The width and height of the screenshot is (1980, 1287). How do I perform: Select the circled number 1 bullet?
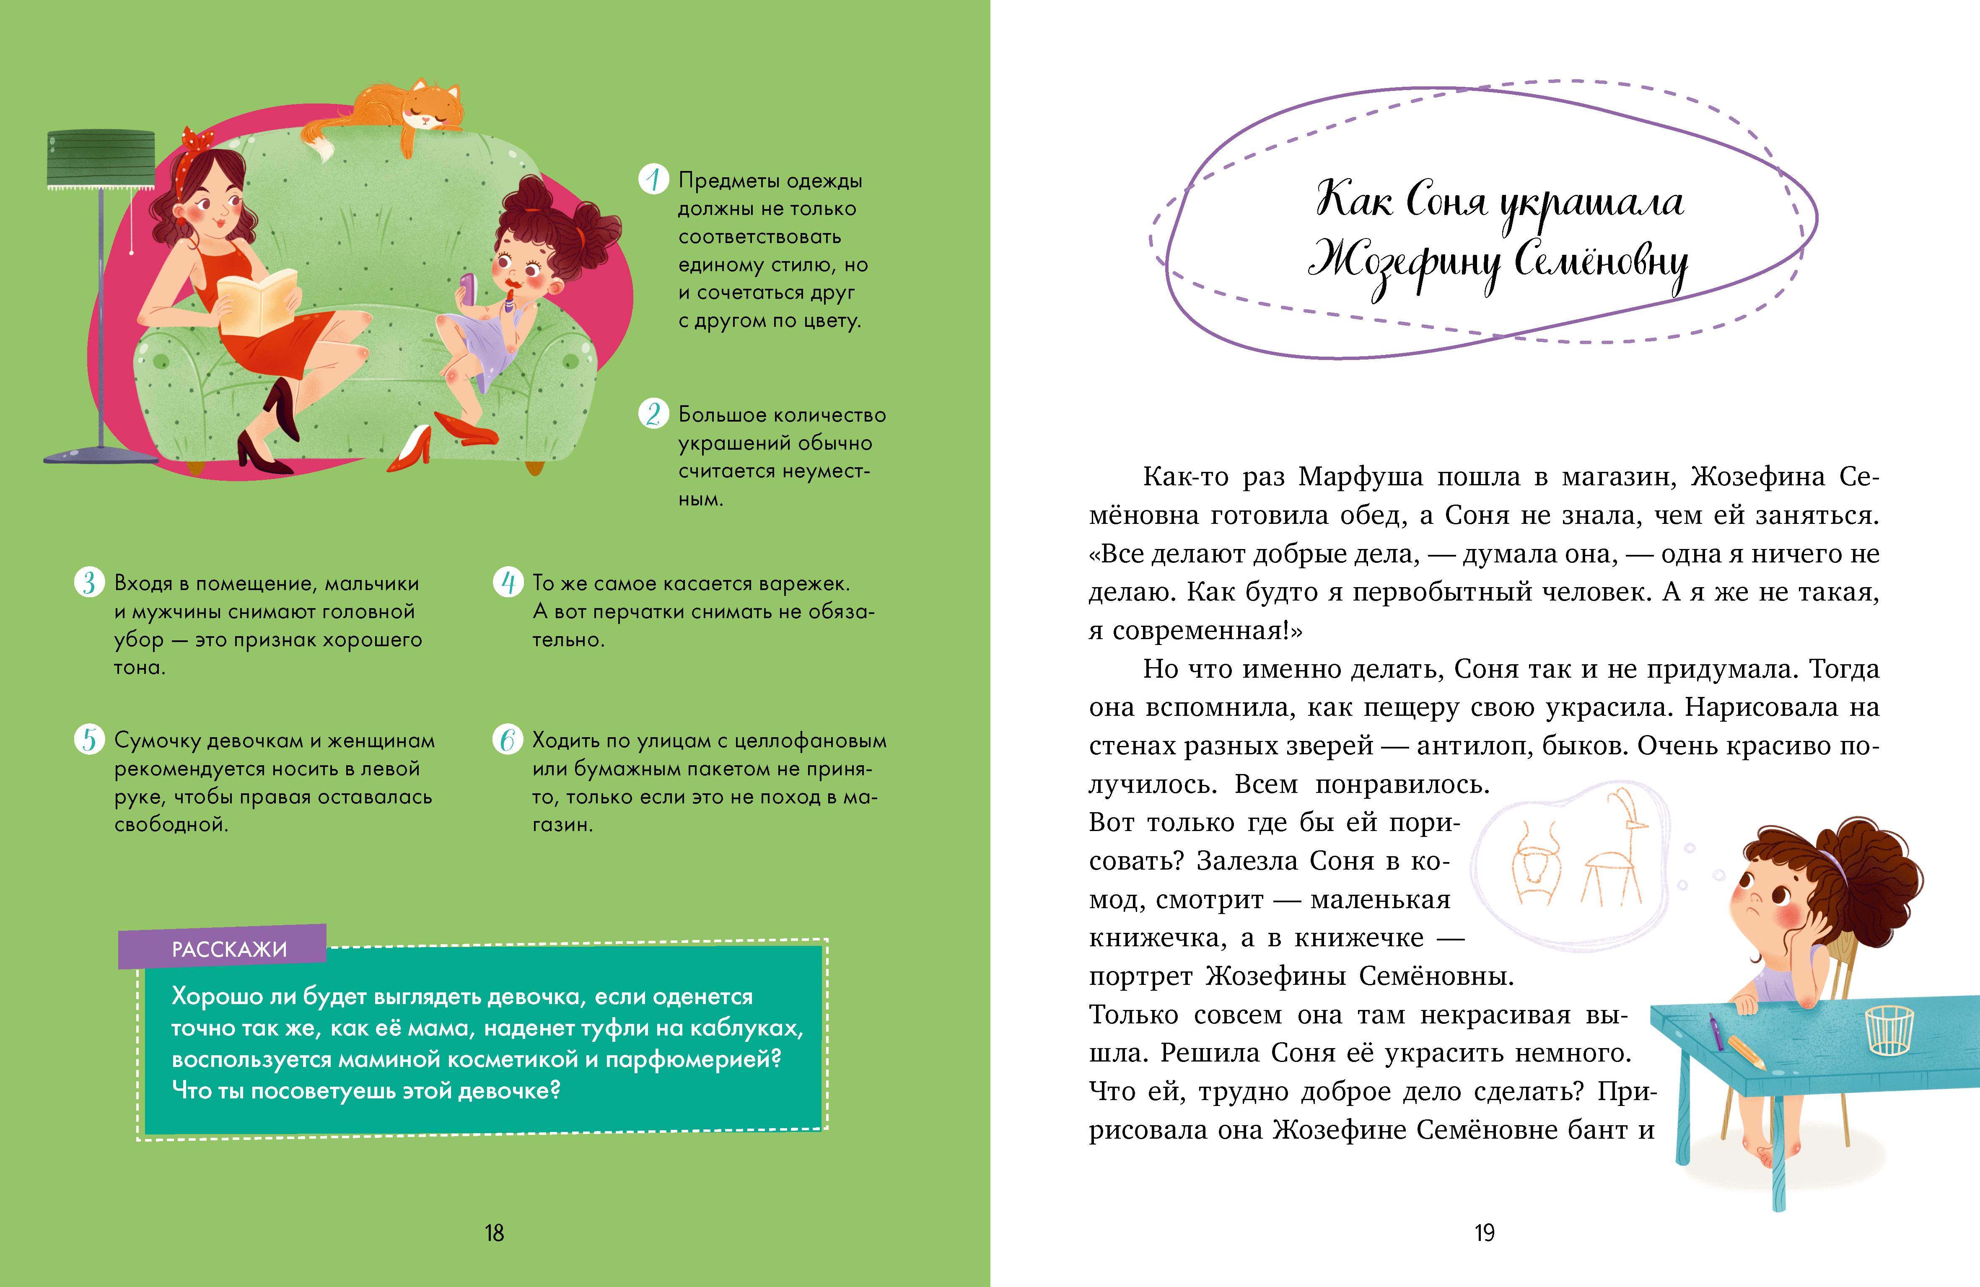point(653,179)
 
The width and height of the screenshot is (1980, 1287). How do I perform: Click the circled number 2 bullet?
point(653,414)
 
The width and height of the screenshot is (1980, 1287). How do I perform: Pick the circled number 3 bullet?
point(89,583)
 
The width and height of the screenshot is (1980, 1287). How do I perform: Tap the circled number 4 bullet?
point(508,583)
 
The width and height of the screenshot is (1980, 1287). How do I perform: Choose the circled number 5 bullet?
point(89,739)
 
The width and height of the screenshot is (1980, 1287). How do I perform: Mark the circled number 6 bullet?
point(508,739)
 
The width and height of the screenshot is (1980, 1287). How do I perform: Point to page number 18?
point(494,1233)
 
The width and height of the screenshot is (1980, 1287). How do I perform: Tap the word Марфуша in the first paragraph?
point(1361,476)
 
